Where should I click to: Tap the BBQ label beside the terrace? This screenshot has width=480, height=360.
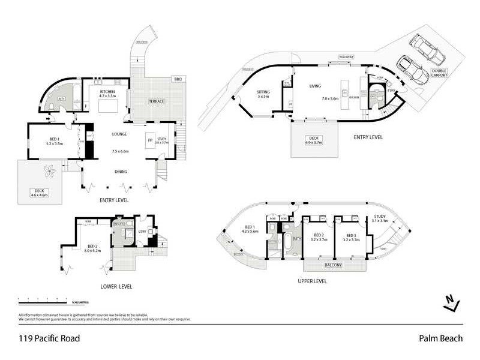point(177,79)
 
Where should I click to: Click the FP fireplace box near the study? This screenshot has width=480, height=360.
point(149,142)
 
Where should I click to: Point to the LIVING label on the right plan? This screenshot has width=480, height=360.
point(316,86)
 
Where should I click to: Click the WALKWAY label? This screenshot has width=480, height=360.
point(346,56)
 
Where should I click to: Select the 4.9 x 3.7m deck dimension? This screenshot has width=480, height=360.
point(314,143)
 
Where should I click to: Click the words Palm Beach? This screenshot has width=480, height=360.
point(440,338)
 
